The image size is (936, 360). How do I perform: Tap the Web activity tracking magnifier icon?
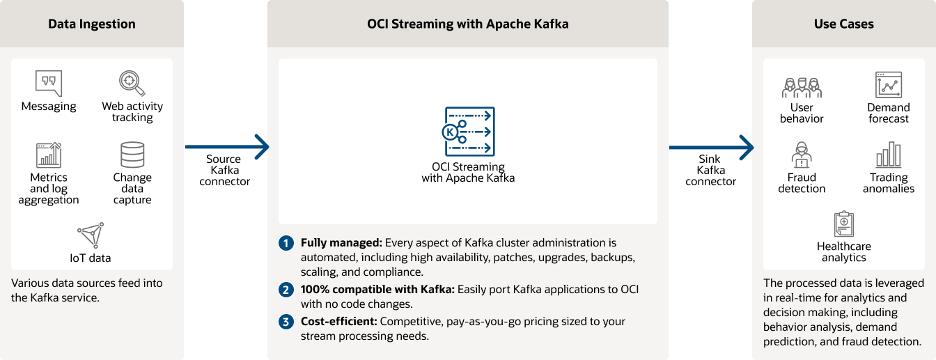(131, 83)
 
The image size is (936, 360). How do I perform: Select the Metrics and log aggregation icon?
(49, 155)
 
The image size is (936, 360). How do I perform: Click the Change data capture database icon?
(132, 155)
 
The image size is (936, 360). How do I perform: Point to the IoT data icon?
(91, 235)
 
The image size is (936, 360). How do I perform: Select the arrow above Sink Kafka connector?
(711, 147)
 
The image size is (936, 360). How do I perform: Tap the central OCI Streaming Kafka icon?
(468, 132)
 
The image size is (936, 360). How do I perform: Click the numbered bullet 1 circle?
(286, 244)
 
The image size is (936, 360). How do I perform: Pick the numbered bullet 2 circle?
(286, 290)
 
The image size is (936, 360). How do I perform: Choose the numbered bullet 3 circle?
(286, 322)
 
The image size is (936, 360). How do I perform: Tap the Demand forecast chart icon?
(889, 85)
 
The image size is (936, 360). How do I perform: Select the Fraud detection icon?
(802, 155)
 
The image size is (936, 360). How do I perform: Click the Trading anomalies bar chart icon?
(889, 155)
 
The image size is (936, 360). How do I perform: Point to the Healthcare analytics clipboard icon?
(844, 224)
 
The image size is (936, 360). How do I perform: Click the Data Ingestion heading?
(92, 24)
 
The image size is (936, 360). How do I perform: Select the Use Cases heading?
(844, 24)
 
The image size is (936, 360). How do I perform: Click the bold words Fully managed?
(341, 243)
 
